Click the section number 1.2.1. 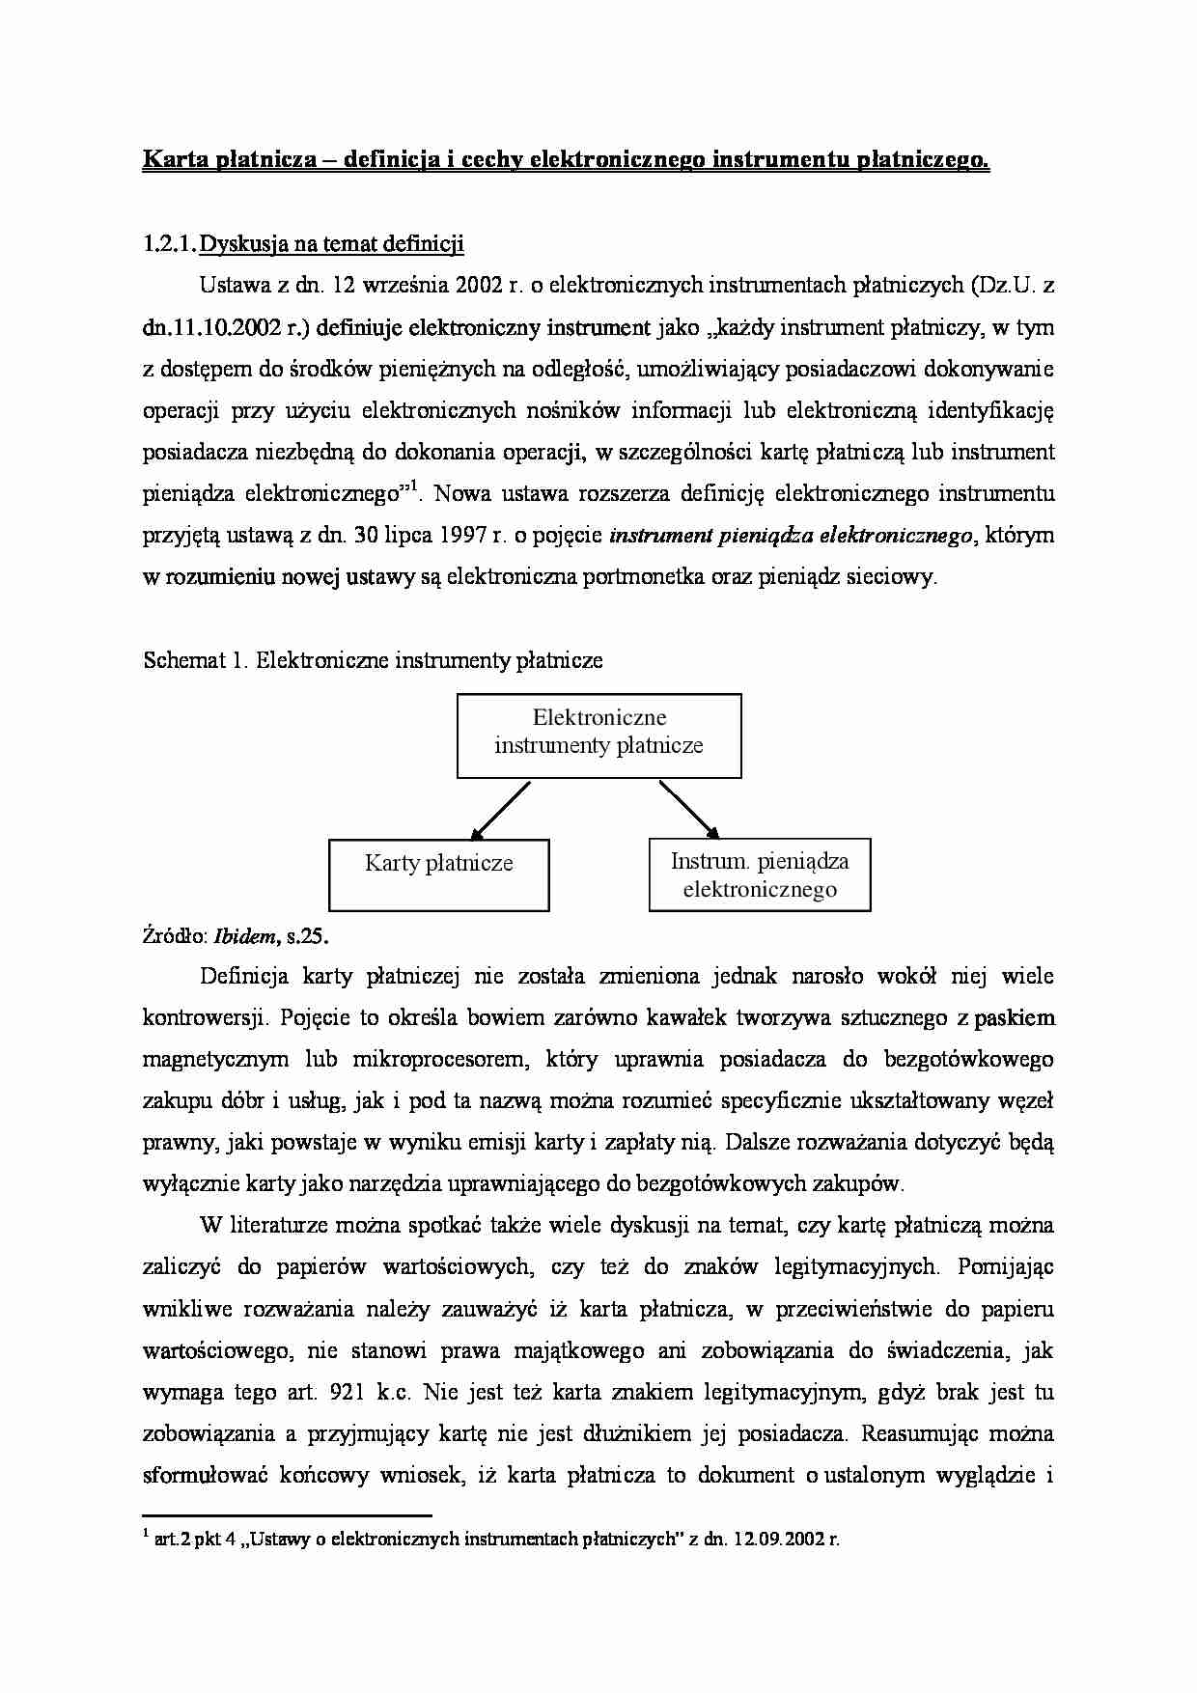[169, 244]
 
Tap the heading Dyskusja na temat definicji [331, 244]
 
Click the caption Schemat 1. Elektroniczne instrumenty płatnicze [373, 660]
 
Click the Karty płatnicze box [439, 874]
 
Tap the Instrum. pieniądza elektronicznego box [760, 874]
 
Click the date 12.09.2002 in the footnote [774, 1540]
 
